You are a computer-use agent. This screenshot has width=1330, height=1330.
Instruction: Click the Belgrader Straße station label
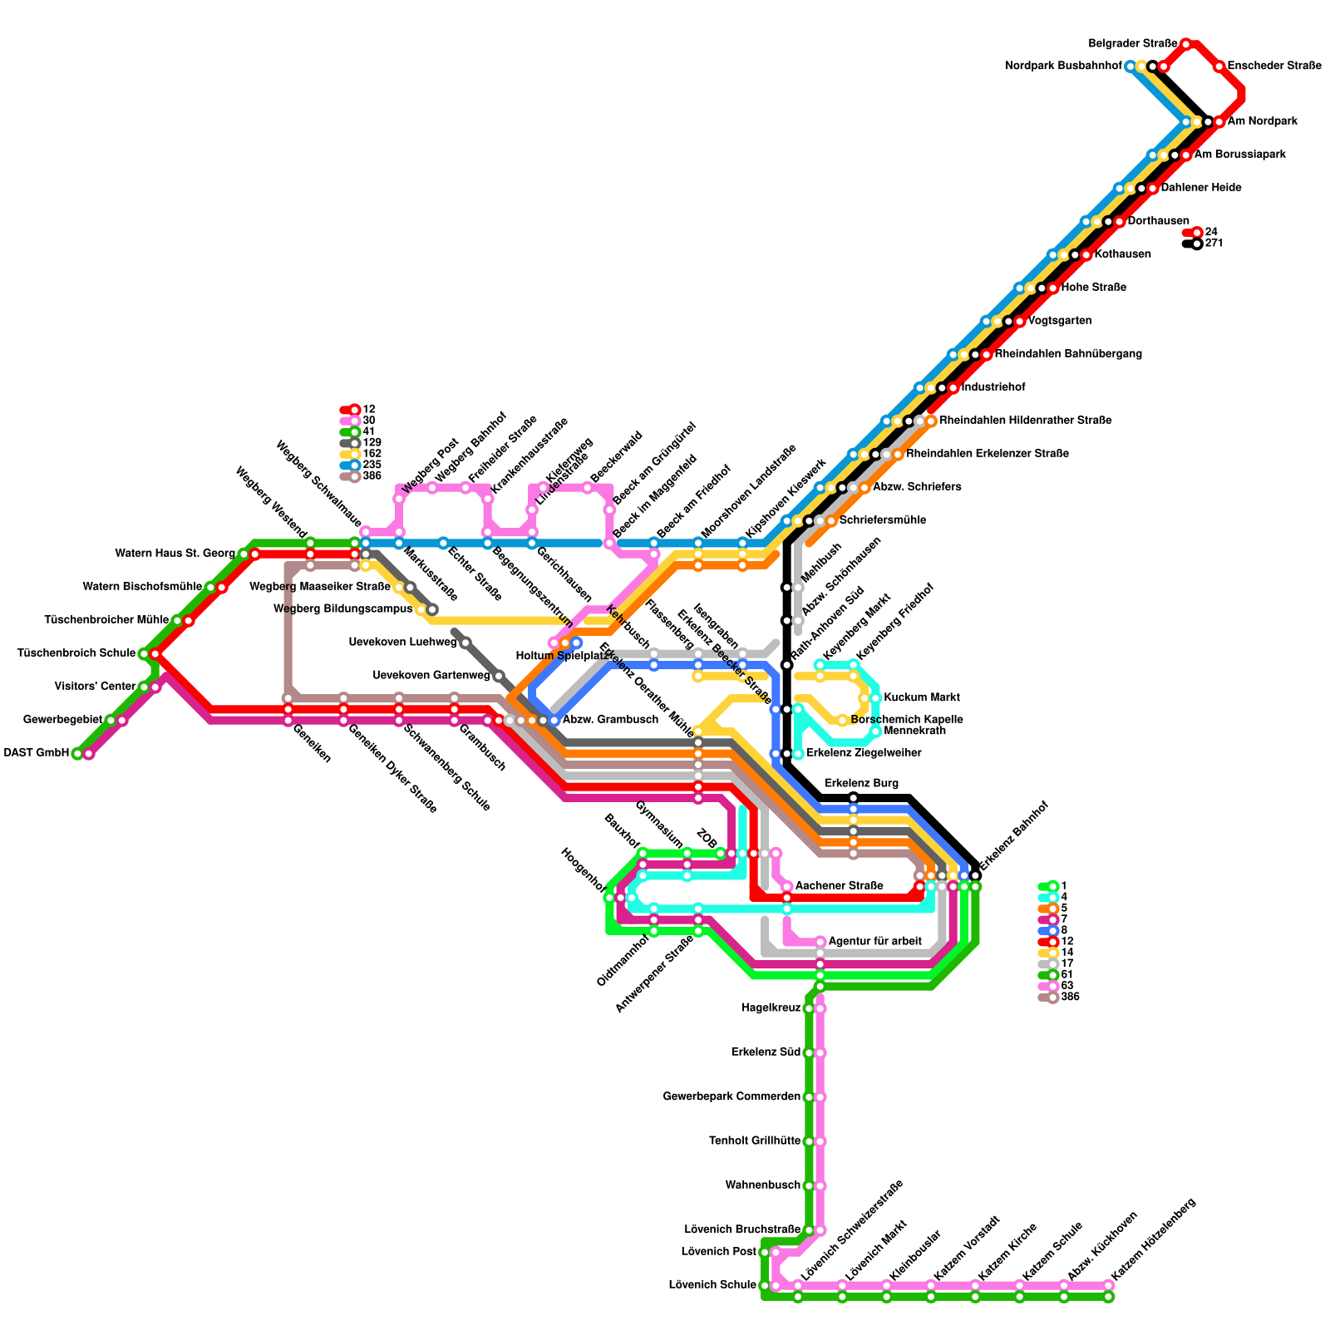tap(1132, 43)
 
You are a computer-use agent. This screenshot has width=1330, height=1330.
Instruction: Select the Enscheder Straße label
tap(1273, 66)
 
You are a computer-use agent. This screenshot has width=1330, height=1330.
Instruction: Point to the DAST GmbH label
tap(37, 753)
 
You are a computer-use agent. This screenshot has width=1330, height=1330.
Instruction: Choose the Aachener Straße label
tap(839, 886)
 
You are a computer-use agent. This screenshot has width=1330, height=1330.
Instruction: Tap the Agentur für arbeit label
tap(874, 941)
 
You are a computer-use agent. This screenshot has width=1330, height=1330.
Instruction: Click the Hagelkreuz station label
tap(771, 1008)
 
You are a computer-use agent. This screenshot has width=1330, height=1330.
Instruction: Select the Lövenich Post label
tap(718, 1251)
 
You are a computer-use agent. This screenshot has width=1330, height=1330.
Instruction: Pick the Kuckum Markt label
tap(922, 697)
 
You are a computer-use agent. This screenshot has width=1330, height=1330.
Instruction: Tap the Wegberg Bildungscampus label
tap(342, 609)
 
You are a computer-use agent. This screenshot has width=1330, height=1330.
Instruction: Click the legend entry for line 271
tap(1214, 244)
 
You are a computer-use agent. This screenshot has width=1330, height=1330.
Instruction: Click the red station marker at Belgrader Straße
tap(1185, 44)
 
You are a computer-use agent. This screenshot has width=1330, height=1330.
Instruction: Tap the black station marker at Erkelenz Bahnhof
tap(975, 875)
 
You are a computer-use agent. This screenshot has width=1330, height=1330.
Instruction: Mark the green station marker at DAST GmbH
tap(77, 754)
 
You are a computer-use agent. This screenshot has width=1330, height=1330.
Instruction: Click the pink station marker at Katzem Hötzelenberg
tap(1108, 1286)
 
